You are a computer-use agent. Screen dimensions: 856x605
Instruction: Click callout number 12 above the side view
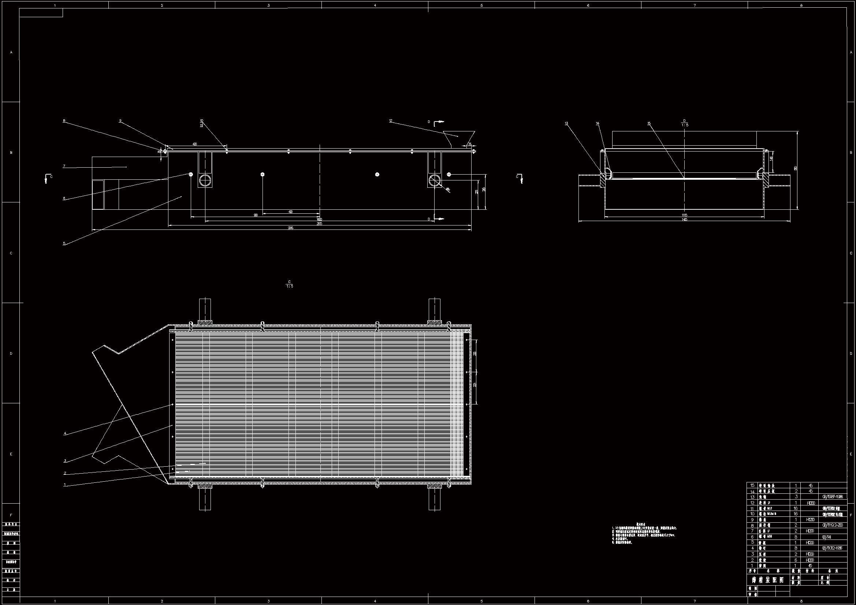tap(391, 121)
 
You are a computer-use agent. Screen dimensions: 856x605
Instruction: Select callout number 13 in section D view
tap(566, 123)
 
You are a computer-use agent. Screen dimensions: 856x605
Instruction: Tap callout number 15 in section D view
tap(649, 123)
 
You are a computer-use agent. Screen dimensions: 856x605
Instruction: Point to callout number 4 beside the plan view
tap(65, 433)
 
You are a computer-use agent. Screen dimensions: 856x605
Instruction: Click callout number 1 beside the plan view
tap(65, 485)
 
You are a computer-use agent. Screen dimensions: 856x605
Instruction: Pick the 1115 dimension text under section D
tap(684, 215)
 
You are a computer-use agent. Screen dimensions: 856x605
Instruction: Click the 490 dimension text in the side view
tap(291, 212)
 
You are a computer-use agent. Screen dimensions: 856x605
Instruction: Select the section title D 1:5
tap(685, 123)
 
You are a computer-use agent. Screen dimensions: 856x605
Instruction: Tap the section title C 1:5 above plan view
tap(289, 284)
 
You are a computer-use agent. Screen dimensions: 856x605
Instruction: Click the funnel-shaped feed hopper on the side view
tap(459, 139)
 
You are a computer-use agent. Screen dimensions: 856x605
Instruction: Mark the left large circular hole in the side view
tap(205, 180)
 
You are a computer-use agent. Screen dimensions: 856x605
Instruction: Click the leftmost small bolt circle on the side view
tap(191, 174)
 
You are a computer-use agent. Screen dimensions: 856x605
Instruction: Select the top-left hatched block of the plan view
tap(205, 322)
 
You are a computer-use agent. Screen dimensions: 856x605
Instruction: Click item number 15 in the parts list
tap(752, 485)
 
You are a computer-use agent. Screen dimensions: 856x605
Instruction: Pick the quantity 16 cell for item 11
tap(796, 508)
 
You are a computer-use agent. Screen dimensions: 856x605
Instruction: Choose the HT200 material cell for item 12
tap(811, 503)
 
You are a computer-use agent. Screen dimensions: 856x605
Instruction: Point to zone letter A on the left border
tap(11, 52)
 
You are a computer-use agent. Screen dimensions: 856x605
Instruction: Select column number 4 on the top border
tap(375, 5)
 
